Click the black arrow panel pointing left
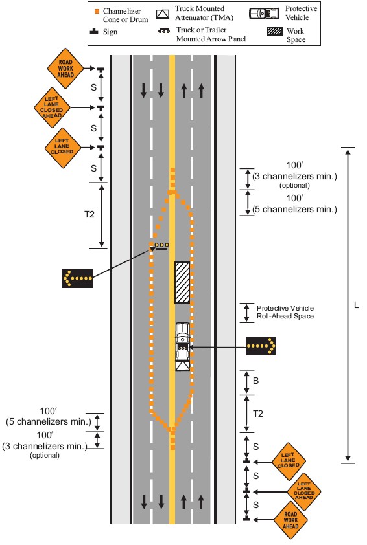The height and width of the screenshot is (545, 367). (78, 278)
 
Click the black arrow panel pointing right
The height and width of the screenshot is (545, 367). (261, 346)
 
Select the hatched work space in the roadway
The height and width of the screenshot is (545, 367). (182, 282)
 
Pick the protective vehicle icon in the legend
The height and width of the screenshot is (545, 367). (265, 14)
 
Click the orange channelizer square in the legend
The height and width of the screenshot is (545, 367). (97, 12)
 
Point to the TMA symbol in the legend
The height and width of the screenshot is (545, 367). (163, 14)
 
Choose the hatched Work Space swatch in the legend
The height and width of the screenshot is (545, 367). (275, 31)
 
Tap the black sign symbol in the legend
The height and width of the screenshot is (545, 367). (94, 31)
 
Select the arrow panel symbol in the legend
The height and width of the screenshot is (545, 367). (164, 30)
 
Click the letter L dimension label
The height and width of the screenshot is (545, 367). (356, 305)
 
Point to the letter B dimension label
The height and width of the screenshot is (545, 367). (255, 381)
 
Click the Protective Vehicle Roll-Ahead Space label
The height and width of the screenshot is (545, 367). (285, 312)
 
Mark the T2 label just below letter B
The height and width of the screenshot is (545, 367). (257, 414)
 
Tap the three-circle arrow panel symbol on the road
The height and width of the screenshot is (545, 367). (161, 247)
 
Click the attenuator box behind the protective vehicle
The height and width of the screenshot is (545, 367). (182, 366)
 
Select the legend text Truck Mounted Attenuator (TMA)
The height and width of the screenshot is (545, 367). (204, 13)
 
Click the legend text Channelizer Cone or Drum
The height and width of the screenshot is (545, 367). (125, 16)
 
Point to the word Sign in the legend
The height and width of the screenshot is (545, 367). (110, 32)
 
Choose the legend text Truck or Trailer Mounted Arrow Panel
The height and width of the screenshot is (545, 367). (211, 34)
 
